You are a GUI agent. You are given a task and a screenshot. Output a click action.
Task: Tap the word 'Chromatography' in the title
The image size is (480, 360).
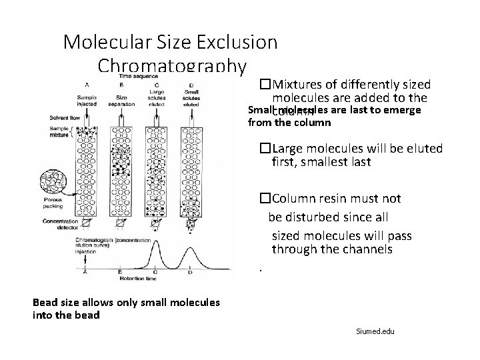pos(172,67)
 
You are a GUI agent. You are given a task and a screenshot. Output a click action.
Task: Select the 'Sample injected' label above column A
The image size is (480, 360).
pos(86,101)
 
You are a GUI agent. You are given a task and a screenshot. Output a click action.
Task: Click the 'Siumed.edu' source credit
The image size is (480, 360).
pos(375,331)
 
